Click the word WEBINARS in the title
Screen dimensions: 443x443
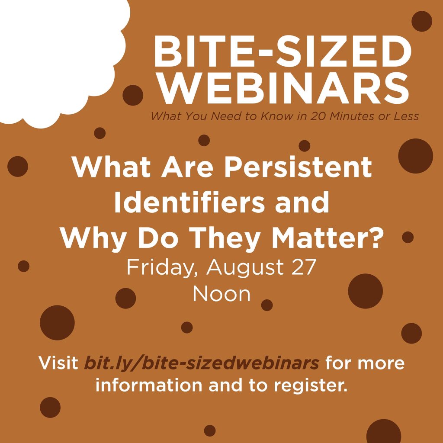click(287, 89)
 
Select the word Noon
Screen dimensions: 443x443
click(221, 294)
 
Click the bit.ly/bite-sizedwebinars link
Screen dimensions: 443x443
click(202, 363)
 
